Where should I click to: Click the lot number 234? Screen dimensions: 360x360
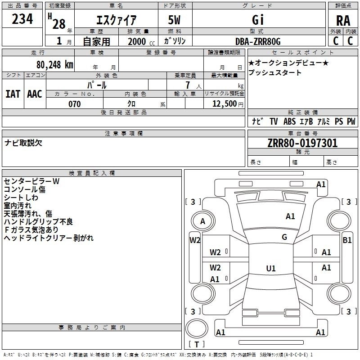coord(22,19)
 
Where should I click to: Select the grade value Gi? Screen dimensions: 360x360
coord(258,20)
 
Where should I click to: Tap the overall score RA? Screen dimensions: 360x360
coord(343,21)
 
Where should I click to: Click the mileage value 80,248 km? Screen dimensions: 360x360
coord(55,65)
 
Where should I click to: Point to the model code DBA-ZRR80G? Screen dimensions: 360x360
coord(258,41)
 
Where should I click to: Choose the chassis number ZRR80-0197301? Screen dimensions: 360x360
coord(302,143)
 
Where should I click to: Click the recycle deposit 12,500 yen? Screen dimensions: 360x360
coord(228,104)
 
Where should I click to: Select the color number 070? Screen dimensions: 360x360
coord(75,104)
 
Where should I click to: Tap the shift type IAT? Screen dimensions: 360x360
coord(13,94)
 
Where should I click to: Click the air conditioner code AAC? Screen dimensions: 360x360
coord(35,94)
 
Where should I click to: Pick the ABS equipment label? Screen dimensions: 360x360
coord(289,121)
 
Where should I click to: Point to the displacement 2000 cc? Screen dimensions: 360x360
coord(141,42)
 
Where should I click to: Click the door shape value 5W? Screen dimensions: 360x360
coord(174,20)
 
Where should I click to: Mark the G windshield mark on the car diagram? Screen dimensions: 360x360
coord(284,237)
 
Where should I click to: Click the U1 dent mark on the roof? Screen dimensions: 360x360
coord(271,268)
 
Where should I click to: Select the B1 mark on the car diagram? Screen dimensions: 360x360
coord(347,240)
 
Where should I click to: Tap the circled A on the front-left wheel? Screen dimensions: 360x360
coord(203,221)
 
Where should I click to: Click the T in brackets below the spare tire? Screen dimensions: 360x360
coord(197,344)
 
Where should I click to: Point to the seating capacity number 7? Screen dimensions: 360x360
coord(188,85)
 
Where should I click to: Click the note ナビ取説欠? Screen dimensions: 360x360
coord(23,143)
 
